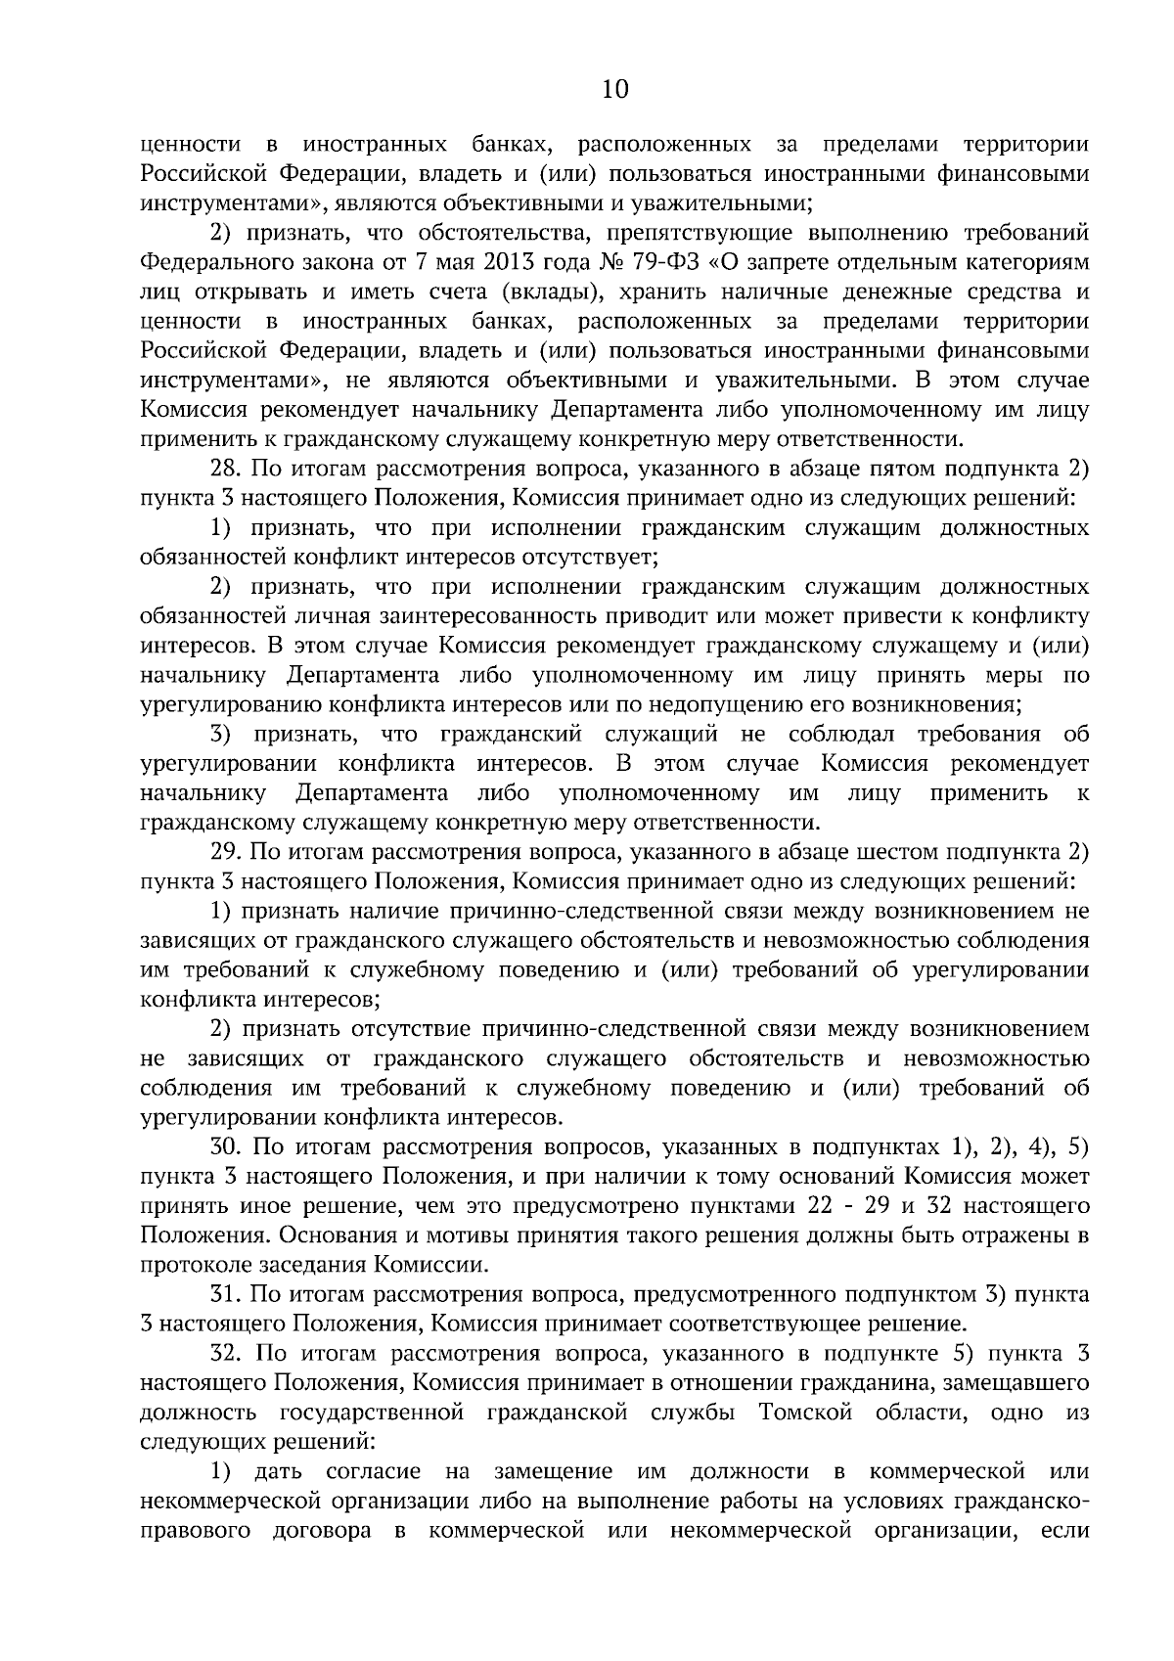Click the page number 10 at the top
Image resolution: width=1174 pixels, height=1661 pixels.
pos(615,90)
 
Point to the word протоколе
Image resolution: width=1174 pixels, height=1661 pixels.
pos(189,1265)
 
